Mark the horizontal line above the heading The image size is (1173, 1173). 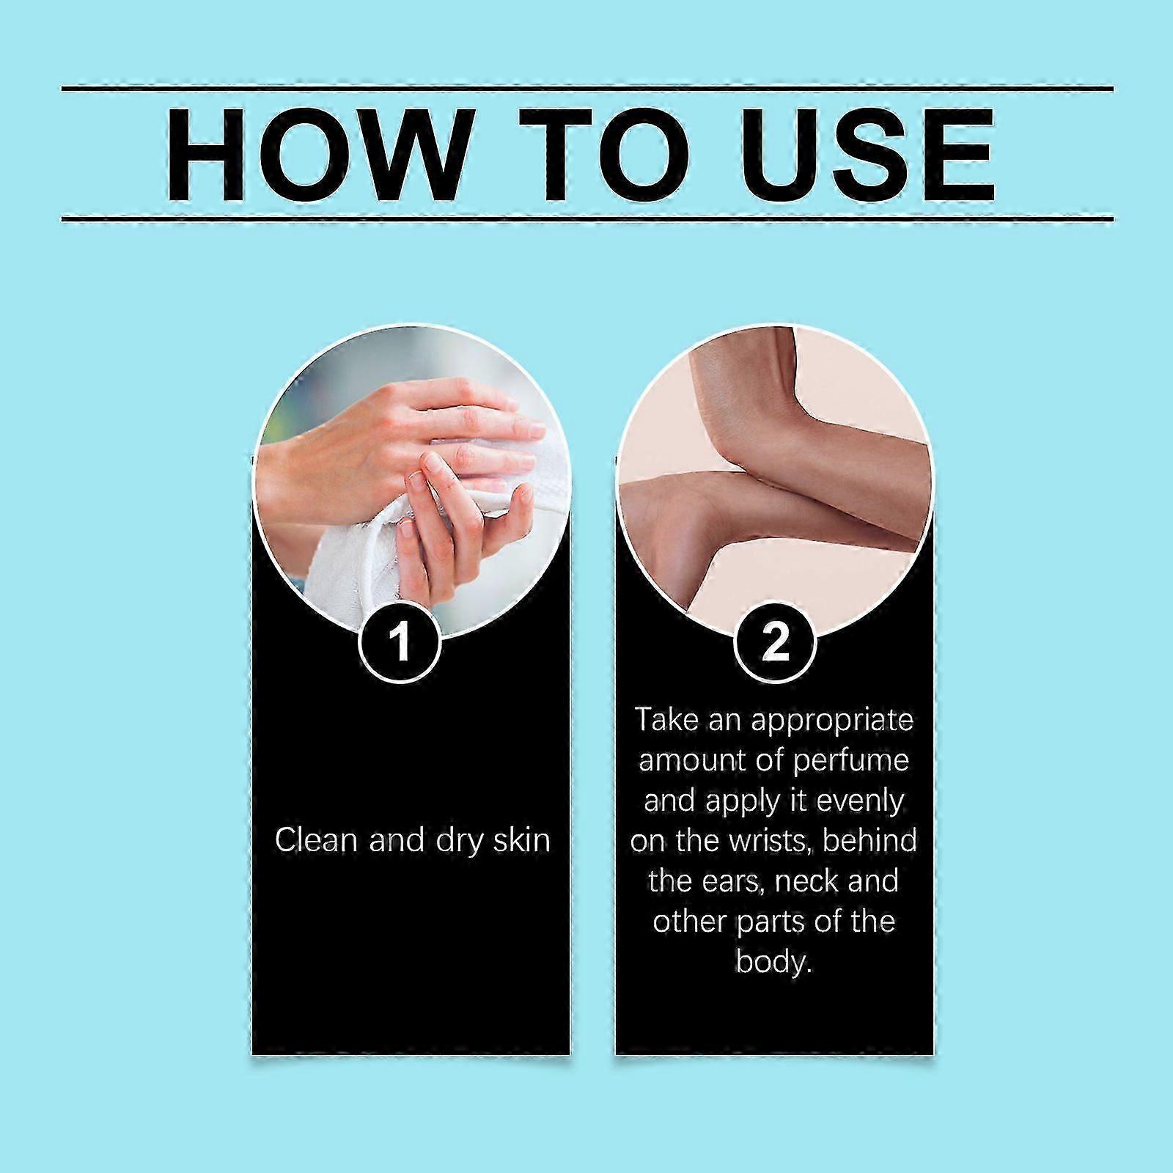click(587, 89)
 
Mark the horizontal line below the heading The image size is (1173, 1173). click(587, 218)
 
